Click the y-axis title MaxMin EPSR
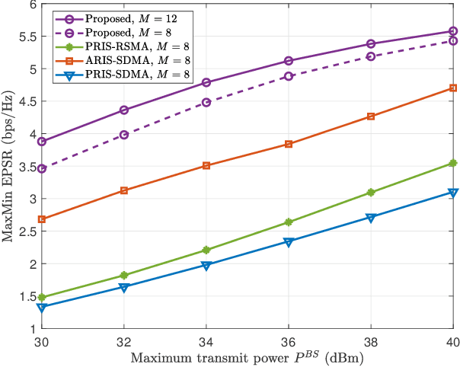point(9,166)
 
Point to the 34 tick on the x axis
point(206,341)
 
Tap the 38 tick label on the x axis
point(371,341)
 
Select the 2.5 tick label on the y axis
point(27,231)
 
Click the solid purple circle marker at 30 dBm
point(42,142)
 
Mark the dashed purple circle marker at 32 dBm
point(124,135)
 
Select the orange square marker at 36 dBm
point(289,144)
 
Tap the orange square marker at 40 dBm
point(452,88)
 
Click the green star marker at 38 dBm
point(371,193)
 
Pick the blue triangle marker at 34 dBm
point(206,266)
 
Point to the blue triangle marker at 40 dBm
point(452,193)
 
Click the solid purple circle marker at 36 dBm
point(289,61)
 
